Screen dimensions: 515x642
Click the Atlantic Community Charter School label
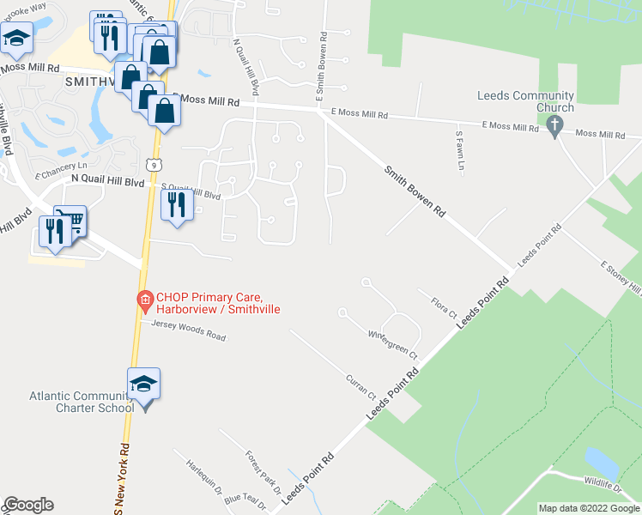pyautogui.click(x=82, y=402)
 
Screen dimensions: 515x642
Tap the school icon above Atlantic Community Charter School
pyautogui.click(x=144, y=384)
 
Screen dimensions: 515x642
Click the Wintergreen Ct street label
pyautogui.click(x=392, y=343)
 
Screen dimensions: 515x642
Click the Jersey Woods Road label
pyautogui.click(x=188, y=330)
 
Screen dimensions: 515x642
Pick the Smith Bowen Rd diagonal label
pyautogui.click(x=415, y=191)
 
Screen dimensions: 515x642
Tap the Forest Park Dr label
pyautogui.click(x=262, y=472)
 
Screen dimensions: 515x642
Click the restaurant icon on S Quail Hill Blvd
pyautogui.click(x=177, y=205)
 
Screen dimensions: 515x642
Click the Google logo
pyautogui.click(x=27, y=505)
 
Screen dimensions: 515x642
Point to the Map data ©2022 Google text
pyautogui.click(x=589, y=508)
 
